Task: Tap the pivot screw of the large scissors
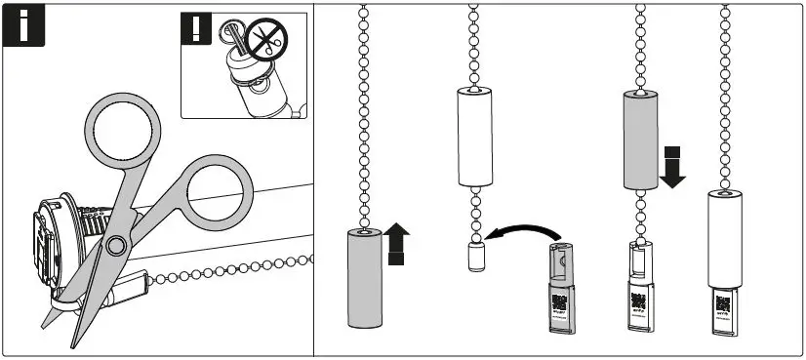click(116, 244)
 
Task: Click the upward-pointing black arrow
click(395, 243)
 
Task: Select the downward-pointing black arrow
click(672, 166)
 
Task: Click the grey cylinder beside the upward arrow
click(363, 278)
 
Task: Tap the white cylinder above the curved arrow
click(474, 136)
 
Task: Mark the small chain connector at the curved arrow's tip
click(474, 259)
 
